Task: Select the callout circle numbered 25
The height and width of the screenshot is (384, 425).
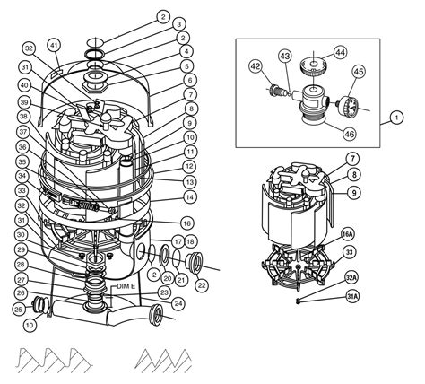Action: coord(17,309)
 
